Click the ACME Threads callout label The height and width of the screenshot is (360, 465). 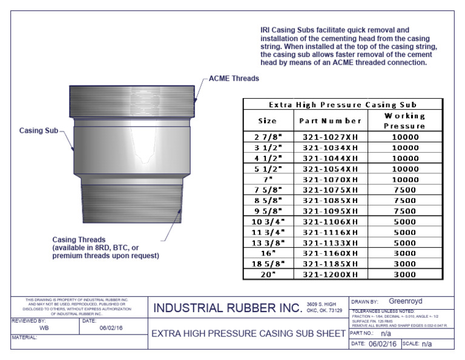pyautogui.click(x=234, y=78)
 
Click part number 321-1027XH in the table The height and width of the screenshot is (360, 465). pyautogui.click(x=330, y=137)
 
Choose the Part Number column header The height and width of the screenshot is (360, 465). pyautogui.click(x=330, y=121)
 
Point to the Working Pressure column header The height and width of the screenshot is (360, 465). pyautogui.click(x=404, y=121)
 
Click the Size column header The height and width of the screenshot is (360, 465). pyautogui.click(x=267, y=121)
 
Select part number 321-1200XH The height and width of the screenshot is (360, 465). pyautogui.click(x=330, y=274)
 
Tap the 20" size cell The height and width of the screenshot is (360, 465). pyautogui.click(x=267, y=274)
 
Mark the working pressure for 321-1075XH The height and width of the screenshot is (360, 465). pyautogui.click(x=404, y=190)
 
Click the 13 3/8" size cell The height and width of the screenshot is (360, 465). pyautogui.click(x=267, y=242)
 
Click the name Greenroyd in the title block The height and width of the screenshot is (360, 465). pyautogui.click(x=406, y=301)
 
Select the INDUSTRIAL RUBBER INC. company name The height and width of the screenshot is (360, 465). pyautogui.click(x=227, y=308)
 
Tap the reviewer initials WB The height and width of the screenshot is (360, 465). pyautogui.click(x=44, y=327)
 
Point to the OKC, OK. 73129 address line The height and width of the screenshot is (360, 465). pyautogui.click(x=325, y=310)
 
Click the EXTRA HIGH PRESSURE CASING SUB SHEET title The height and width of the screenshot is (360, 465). pyautogui.click(x=248, y=333)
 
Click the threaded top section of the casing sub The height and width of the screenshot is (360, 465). pyautogui.click(x=132, y=101)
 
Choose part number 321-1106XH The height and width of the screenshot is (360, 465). pyautogui.click(x=330, y=222)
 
